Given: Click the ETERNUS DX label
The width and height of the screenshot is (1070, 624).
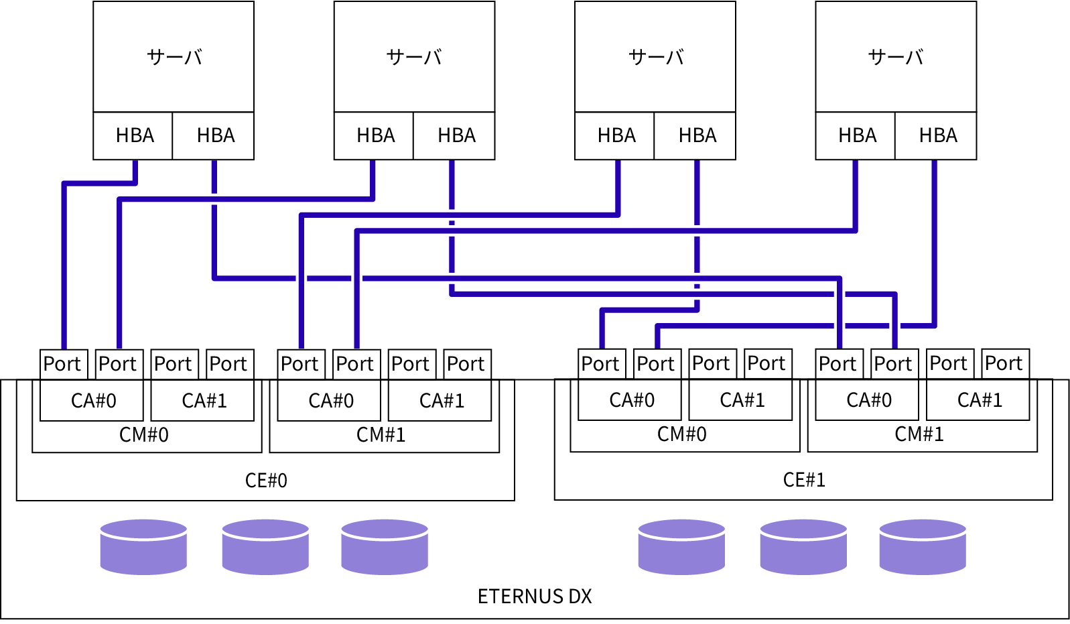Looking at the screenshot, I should [534, 596].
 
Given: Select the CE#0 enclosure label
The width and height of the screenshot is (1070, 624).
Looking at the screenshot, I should [266, 480].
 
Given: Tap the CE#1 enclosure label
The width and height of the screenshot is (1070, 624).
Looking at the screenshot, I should [804, 479].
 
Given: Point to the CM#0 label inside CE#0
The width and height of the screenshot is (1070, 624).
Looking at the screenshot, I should [144, 435].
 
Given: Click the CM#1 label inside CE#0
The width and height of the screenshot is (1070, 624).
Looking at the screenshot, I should [381, 435].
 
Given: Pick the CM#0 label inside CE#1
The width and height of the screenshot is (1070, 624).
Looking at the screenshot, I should [681, 434].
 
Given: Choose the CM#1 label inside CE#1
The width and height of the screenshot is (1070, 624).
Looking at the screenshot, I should [919, 434].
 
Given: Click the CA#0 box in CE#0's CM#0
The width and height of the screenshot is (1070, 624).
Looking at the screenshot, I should [92, 401].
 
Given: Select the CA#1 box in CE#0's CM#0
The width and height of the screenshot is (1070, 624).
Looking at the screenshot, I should [203, 401].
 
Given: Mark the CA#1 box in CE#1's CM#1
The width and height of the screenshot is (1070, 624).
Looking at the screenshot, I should [978, 400].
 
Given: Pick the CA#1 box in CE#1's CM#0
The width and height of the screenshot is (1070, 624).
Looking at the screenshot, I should [741, 400].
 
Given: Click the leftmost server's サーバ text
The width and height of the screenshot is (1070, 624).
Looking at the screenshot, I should [174, 57].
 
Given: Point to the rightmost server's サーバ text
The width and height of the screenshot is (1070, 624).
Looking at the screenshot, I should [896, 57].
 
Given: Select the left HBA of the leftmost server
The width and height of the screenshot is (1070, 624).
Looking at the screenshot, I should [134, 136].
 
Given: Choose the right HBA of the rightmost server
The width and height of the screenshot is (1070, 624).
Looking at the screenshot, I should [937, 136].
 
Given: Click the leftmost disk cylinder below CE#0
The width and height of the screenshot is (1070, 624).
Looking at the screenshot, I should [143, 547].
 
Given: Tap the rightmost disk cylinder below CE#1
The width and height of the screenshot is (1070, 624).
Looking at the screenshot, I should [922, 547].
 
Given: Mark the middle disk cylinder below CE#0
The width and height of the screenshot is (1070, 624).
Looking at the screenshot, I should [265, 547].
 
